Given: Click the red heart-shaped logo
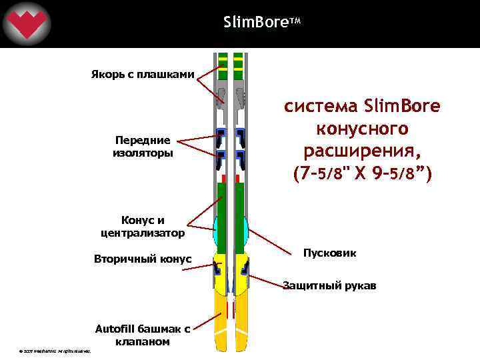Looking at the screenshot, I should pyautogui.click(x=26, y=25).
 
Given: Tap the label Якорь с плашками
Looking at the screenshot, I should pyautogui.click(x=143, y=74).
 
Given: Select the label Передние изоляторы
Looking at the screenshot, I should pyautogui.click(x=143, y=147).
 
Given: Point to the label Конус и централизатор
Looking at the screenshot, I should pyautogui.click(x=143, y=227).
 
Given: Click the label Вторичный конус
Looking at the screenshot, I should pyautogui.click(x=143, y=259).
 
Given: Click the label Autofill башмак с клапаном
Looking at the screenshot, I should pyautogui.click(x=143, y=335).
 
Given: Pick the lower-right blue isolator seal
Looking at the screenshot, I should pyautogui.click(x=240, y=159).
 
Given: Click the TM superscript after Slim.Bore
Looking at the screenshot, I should pyautogui.click(x=297, y=21).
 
